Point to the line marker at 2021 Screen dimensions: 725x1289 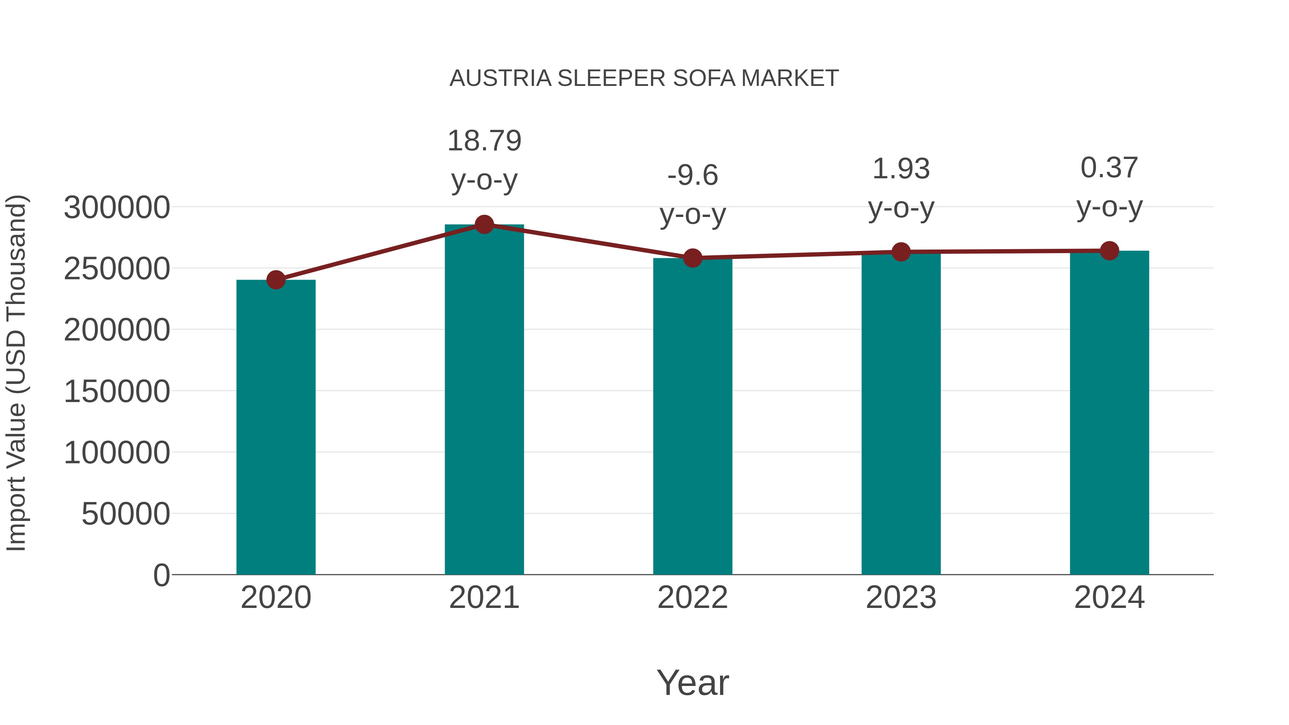484,224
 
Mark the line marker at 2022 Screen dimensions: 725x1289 692,258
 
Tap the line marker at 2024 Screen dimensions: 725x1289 1109,251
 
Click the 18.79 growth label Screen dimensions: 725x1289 484,141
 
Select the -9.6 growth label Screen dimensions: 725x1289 692,176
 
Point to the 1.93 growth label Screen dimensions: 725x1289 901,169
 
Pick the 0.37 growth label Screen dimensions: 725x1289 1109,168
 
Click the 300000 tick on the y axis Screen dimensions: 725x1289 117,208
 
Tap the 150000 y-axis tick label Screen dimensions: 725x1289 117,391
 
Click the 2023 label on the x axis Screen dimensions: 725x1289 901,598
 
